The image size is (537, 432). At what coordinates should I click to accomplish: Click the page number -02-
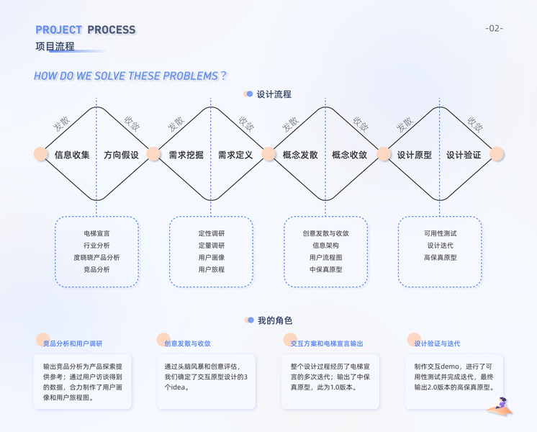point(494,28)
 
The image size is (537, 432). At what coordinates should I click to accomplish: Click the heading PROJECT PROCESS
point(85,30)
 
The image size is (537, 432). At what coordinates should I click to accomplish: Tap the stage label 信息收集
point(72,155)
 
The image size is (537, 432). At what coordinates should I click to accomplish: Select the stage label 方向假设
point(121,155)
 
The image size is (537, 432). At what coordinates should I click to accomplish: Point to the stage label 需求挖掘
point(186,155)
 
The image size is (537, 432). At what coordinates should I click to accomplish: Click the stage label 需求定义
point(235,155)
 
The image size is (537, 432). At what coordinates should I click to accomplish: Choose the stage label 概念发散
point(300,155)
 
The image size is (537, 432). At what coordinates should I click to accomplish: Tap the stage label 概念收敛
point(350,155)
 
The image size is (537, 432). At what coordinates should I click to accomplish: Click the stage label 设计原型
point(415,155)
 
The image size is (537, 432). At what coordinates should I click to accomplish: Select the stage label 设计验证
point(464,155)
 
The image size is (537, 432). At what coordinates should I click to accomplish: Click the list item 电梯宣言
point(96,233)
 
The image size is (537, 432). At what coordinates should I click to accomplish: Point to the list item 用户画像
point(212,257)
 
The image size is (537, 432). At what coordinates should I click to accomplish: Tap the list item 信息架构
point(325,246)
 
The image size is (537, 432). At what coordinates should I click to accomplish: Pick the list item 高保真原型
point(440,257)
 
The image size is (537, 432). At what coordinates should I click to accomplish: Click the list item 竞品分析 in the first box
point(96,269)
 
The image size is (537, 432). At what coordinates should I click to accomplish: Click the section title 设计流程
point(274,94)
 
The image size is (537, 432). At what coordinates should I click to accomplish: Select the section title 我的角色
point(274,320)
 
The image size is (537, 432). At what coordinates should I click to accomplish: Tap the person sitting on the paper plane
point(502,405)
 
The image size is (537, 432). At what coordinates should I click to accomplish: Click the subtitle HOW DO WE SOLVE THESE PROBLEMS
point(130,76)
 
